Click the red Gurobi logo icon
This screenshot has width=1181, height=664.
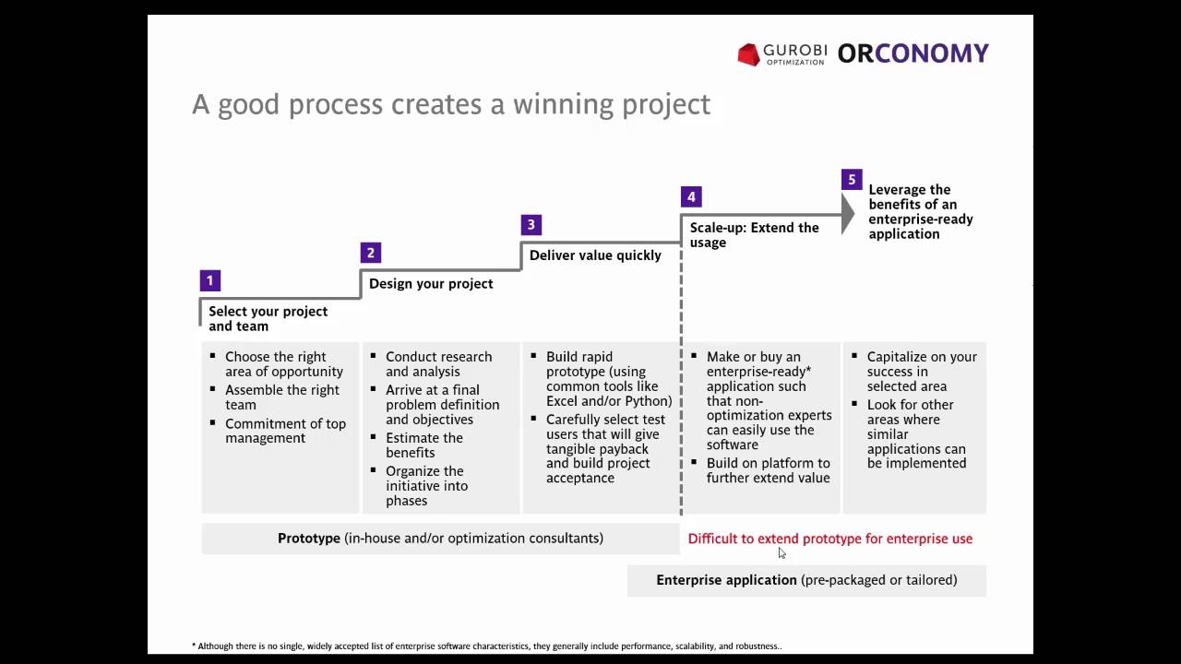(748, 54)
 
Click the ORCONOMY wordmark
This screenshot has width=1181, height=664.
(913, 53)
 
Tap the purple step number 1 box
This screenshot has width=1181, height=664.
(209, 280)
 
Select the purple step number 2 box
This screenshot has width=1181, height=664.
(371, 253)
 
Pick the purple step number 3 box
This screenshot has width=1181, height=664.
(531, 225)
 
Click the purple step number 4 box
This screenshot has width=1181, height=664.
(691, 197)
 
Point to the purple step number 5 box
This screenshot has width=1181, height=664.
(852, 180)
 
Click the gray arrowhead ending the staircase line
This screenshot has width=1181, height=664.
(848, 213)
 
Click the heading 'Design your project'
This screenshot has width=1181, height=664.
(431, 283)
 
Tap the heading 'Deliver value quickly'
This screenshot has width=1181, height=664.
(595, 255)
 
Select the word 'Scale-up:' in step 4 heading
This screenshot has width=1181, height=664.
(718, 228)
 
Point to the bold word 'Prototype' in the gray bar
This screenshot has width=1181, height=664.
(309, 538)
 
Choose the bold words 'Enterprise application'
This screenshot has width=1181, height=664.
(726, 580)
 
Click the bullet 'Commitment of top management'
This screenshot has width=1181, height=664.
(285, 431)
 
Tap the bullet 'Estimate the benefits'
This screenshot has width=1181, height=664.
(424, 445)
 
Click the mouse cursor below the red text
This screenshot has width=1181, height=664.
(781, 552)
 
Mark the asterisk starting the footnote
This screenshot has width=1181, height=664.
(194, 645)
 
